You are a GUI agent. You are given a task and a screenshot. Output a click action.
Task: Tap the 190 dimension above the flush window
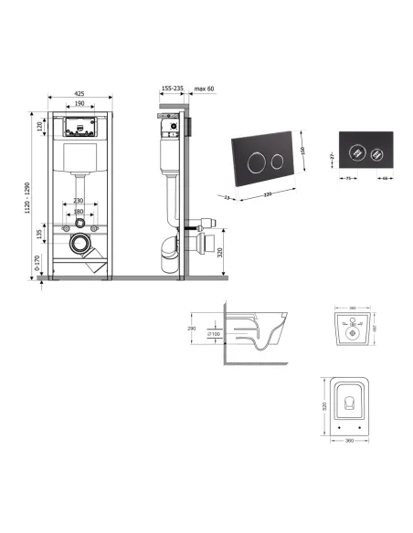(x=81, y=104)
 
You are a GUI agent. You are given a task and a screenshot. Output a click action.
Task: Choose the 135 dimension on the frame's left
(x=39, y=235)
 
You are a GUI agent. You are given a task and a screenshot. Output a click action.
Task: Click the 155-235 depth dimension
(x=172, y=89)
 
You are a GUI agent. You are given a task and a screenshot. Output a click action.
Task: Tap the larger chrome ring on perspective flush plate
(x=256, y=161)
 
